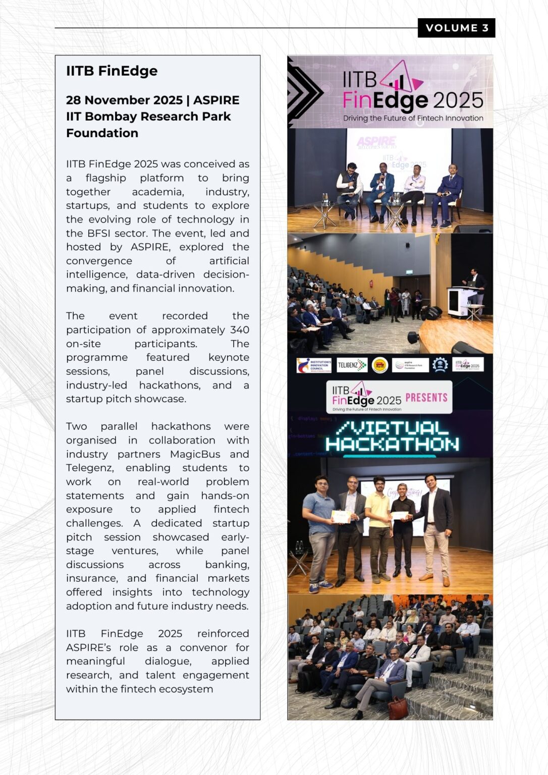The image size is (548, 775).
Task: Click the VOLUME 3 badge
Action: click(x=456, y=28)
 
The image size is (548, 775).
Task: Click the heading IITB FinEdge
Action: click(x=112, y=71)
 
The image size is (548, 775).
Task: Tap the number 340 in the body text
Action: click(x=239, y=329)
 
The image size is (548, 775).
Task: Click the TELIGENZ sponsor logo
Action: click(x=352, y=365)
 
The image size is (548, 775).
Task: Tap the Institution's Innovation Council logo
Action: click(x=314, y=365)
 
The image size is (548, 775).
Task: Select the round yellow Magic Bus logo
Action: click(x=379, y=365)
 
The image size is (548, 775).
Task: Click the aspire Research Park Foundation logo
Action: click(x=410, y=365)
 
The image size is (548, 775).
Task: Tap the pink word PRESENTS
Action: click(x=426, y=398)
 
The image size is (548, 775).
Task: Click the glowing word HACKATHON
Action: click(x=392, y=444)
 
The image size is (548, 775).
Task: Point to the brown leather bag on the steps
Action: click(x=398, y=707)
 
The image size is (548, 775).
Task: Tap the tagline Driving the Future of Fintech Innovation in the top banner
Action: click(x=413, y=118)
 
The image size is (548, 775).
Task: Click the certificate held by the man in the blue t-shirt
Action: click(x=341, y=516)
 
